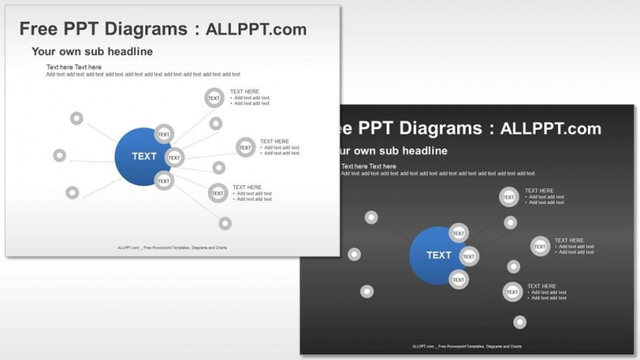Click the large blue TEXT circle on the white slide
coord(142,156)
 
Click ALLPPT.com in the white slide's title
coord(256,29)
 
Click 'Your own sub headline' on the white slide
coord(92,51)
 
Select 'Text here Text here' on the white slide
coord(74,67)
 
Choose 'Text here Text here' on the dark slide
coord(369,166)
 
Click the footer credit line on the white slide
coord(172,247)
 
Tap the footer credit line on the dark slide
coord(467,346)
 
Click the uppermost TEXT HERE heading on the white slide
coord(244,92)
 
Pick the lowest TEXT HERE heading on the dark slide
coord(542,286)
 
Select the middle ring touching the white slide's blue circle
coord(174,158)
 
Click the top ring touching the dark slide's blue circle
coord(458,233)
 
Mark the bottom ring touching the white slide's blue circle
coord(164,180)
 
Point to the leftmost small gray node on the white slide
coord(59,155)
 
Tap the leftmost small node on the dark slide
coord(354,254)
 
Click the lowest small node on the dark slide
coord(520,323)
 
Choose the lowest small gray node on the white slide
coord(225,223)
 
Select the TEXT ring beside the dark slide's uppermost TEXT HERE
coord(508,197)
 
